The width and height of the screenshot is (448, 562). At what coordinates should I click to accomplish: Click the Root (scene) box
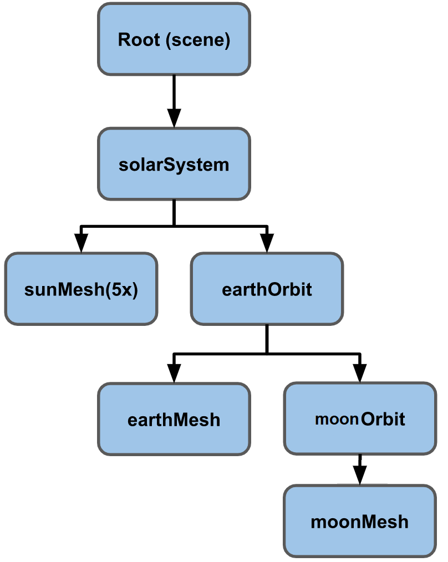point(174,39)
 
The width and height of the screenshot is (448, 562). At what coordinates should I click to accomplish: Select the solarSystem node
point(174,164)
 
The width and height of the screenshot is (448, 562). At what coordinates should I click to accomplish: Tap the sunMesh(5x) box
point(81,289)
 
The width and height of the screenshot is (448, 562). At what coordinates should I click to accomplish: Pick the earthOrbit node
point(267,289)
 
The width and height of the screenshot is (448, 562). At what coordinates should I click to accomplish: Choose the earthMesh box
point(174,420)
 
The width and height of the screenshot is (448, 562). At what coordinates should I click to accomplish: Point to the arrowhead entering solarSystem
point(174,117)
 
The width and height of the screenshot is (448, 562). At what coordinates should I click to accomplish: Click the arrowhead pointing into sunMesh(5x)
point(81,243)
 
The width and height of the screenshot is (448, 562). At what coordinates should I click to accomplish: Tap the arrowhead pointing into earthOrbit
point(267,243)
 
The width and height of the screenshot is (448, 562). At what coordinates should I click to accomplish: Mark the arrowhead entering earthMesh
point(174,372)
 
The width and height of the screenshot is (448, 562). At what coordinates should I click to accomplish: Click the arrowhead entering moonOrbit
point(360,372)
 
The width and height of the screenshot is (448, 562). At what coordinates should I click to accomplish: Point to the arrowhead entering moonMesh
point(360,475)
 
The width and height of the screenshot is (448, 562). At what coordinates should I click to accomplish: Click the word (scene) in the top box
point(198,40)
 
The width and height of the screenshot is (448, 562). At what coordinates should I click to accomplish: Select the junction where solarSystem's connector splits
point(174,226)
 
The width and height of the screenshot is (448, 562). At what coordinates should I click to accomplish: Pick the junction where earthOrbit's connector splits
point(267,353)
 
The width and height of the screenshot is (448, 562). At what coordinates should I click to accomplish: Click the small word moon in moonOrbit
point(337,420)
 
